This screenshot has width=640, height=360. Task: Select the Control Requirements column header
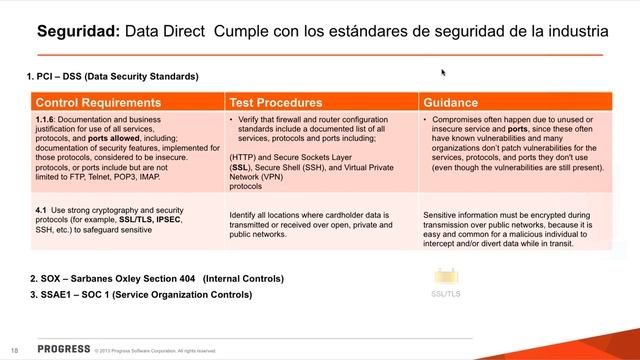98,102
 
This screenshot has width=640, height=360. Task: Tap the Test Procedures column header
276,102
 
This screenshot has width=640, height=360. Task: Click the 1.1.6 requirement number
48,119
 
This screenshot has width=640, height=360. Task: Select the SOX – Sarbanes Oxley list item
158,278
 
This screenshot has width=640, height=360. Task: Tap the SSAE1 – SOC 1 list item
140,295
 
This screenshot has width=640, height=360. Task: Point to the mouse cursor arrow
443,72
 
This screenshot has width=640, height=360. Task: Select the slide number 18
14,350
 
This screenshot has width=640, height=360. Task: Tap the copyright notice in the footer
155,351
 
